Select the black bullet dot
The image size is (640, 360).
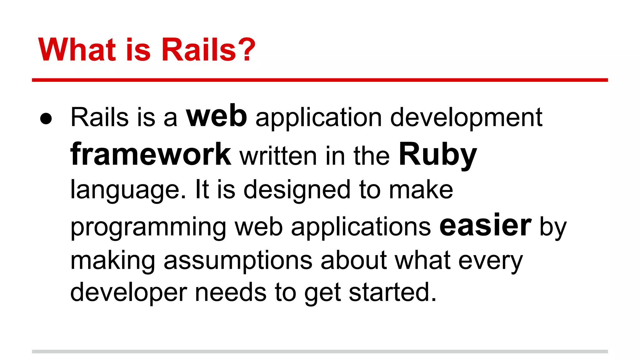click(46, 119)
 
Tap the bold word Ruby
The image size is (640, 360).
click(438, 155)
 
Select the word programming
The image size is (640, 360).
click(148, 227)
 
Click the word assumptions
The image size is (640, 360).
click(238, 261)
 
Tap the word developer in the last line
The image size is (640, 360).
click(128, 293)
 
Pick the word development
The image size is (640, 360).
click(466, 118)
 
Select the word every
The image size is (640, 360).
click(490, 261)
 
